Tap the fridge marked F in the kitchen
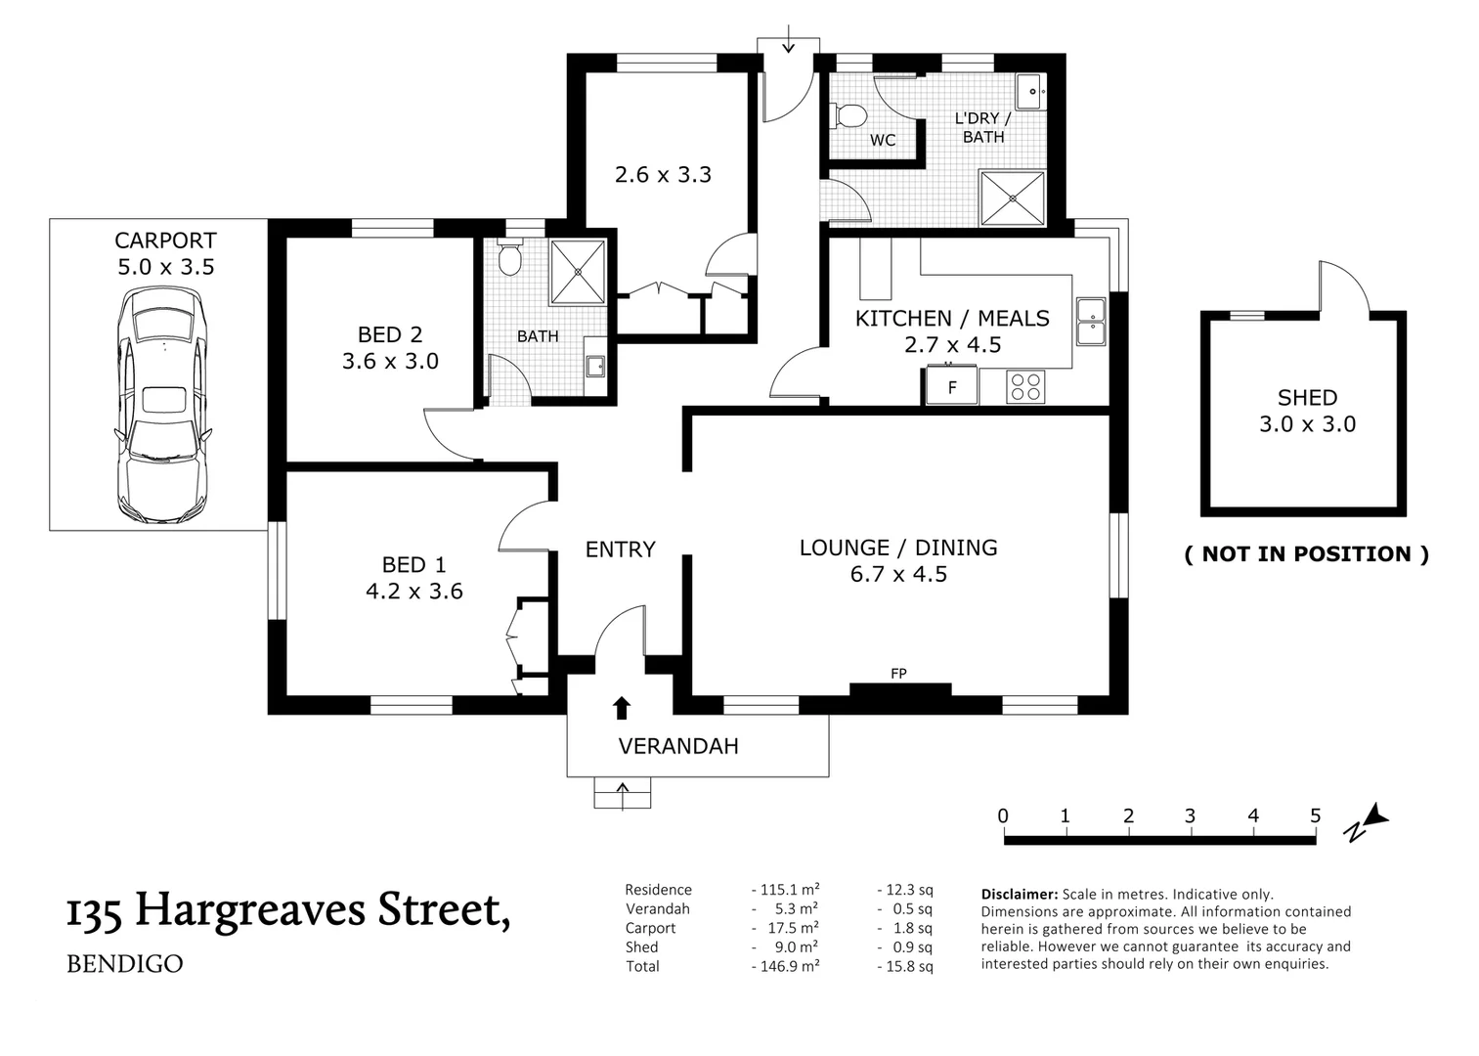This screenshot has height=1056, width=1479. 951,386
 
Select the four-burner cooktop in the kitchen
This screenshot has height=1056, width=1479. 1025,386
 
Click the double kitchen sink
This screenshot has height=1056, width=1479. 1090,322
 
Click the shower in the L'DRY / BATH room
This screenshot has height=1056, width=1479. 1013,198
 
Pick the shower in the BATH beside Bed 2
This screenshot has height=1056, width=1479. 578,271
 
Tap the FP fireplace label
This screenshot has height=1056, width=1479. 898,673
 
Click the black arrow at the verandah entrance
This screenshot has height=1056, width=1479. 621,708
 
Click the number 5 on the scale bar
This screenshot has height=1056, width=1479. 1315,815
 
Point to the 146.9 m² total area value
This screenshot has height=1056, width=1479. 786,966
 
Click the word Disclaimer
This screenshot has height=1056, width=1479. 1019,894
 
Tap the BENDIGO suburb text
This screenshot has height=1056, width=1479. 124,963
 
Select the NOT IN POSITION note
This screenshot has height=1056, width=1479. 1306,553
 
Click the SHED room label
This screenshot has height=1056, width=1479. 1307,398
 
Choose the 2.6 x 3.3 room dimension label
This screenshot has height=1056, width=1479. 663,175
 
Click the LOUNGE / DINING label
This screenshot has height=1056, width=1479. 897,548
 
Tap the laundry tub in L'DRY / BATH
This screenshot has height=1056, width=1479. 1030,91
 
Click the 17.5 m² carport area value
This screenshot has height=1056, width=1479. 786,928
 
